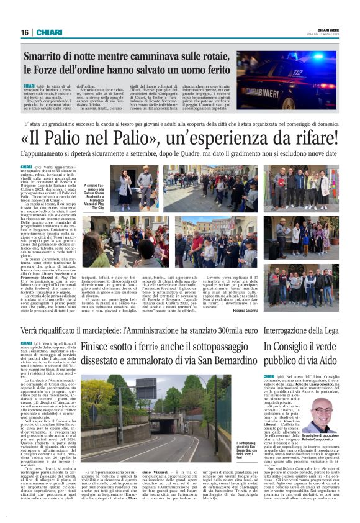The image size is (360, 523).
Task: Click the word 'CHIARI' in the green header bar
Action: [x=49, y=32]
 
